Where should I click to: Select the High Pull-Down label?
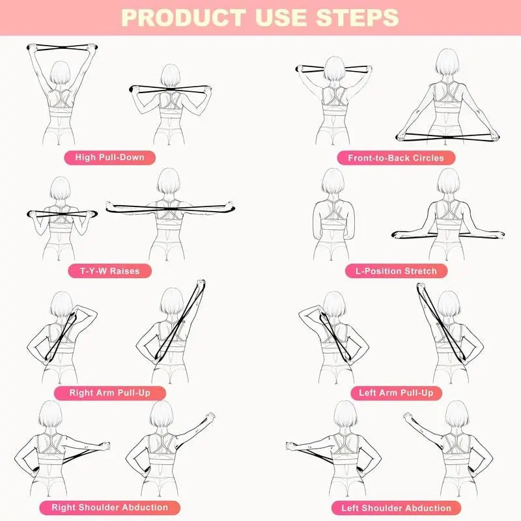click(x=109, y=157)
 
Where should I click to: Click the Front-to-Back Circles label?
click(x=396, y=158)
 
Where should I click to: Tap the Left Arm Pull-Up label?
click(x=396, y=393)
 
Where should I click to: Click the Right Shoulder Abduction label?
click(x=109, y=507)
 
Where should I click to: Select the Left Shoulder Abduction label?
click(x=396, y=508)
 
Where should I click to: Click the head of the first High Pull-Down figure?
click(x=59, y=72)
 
